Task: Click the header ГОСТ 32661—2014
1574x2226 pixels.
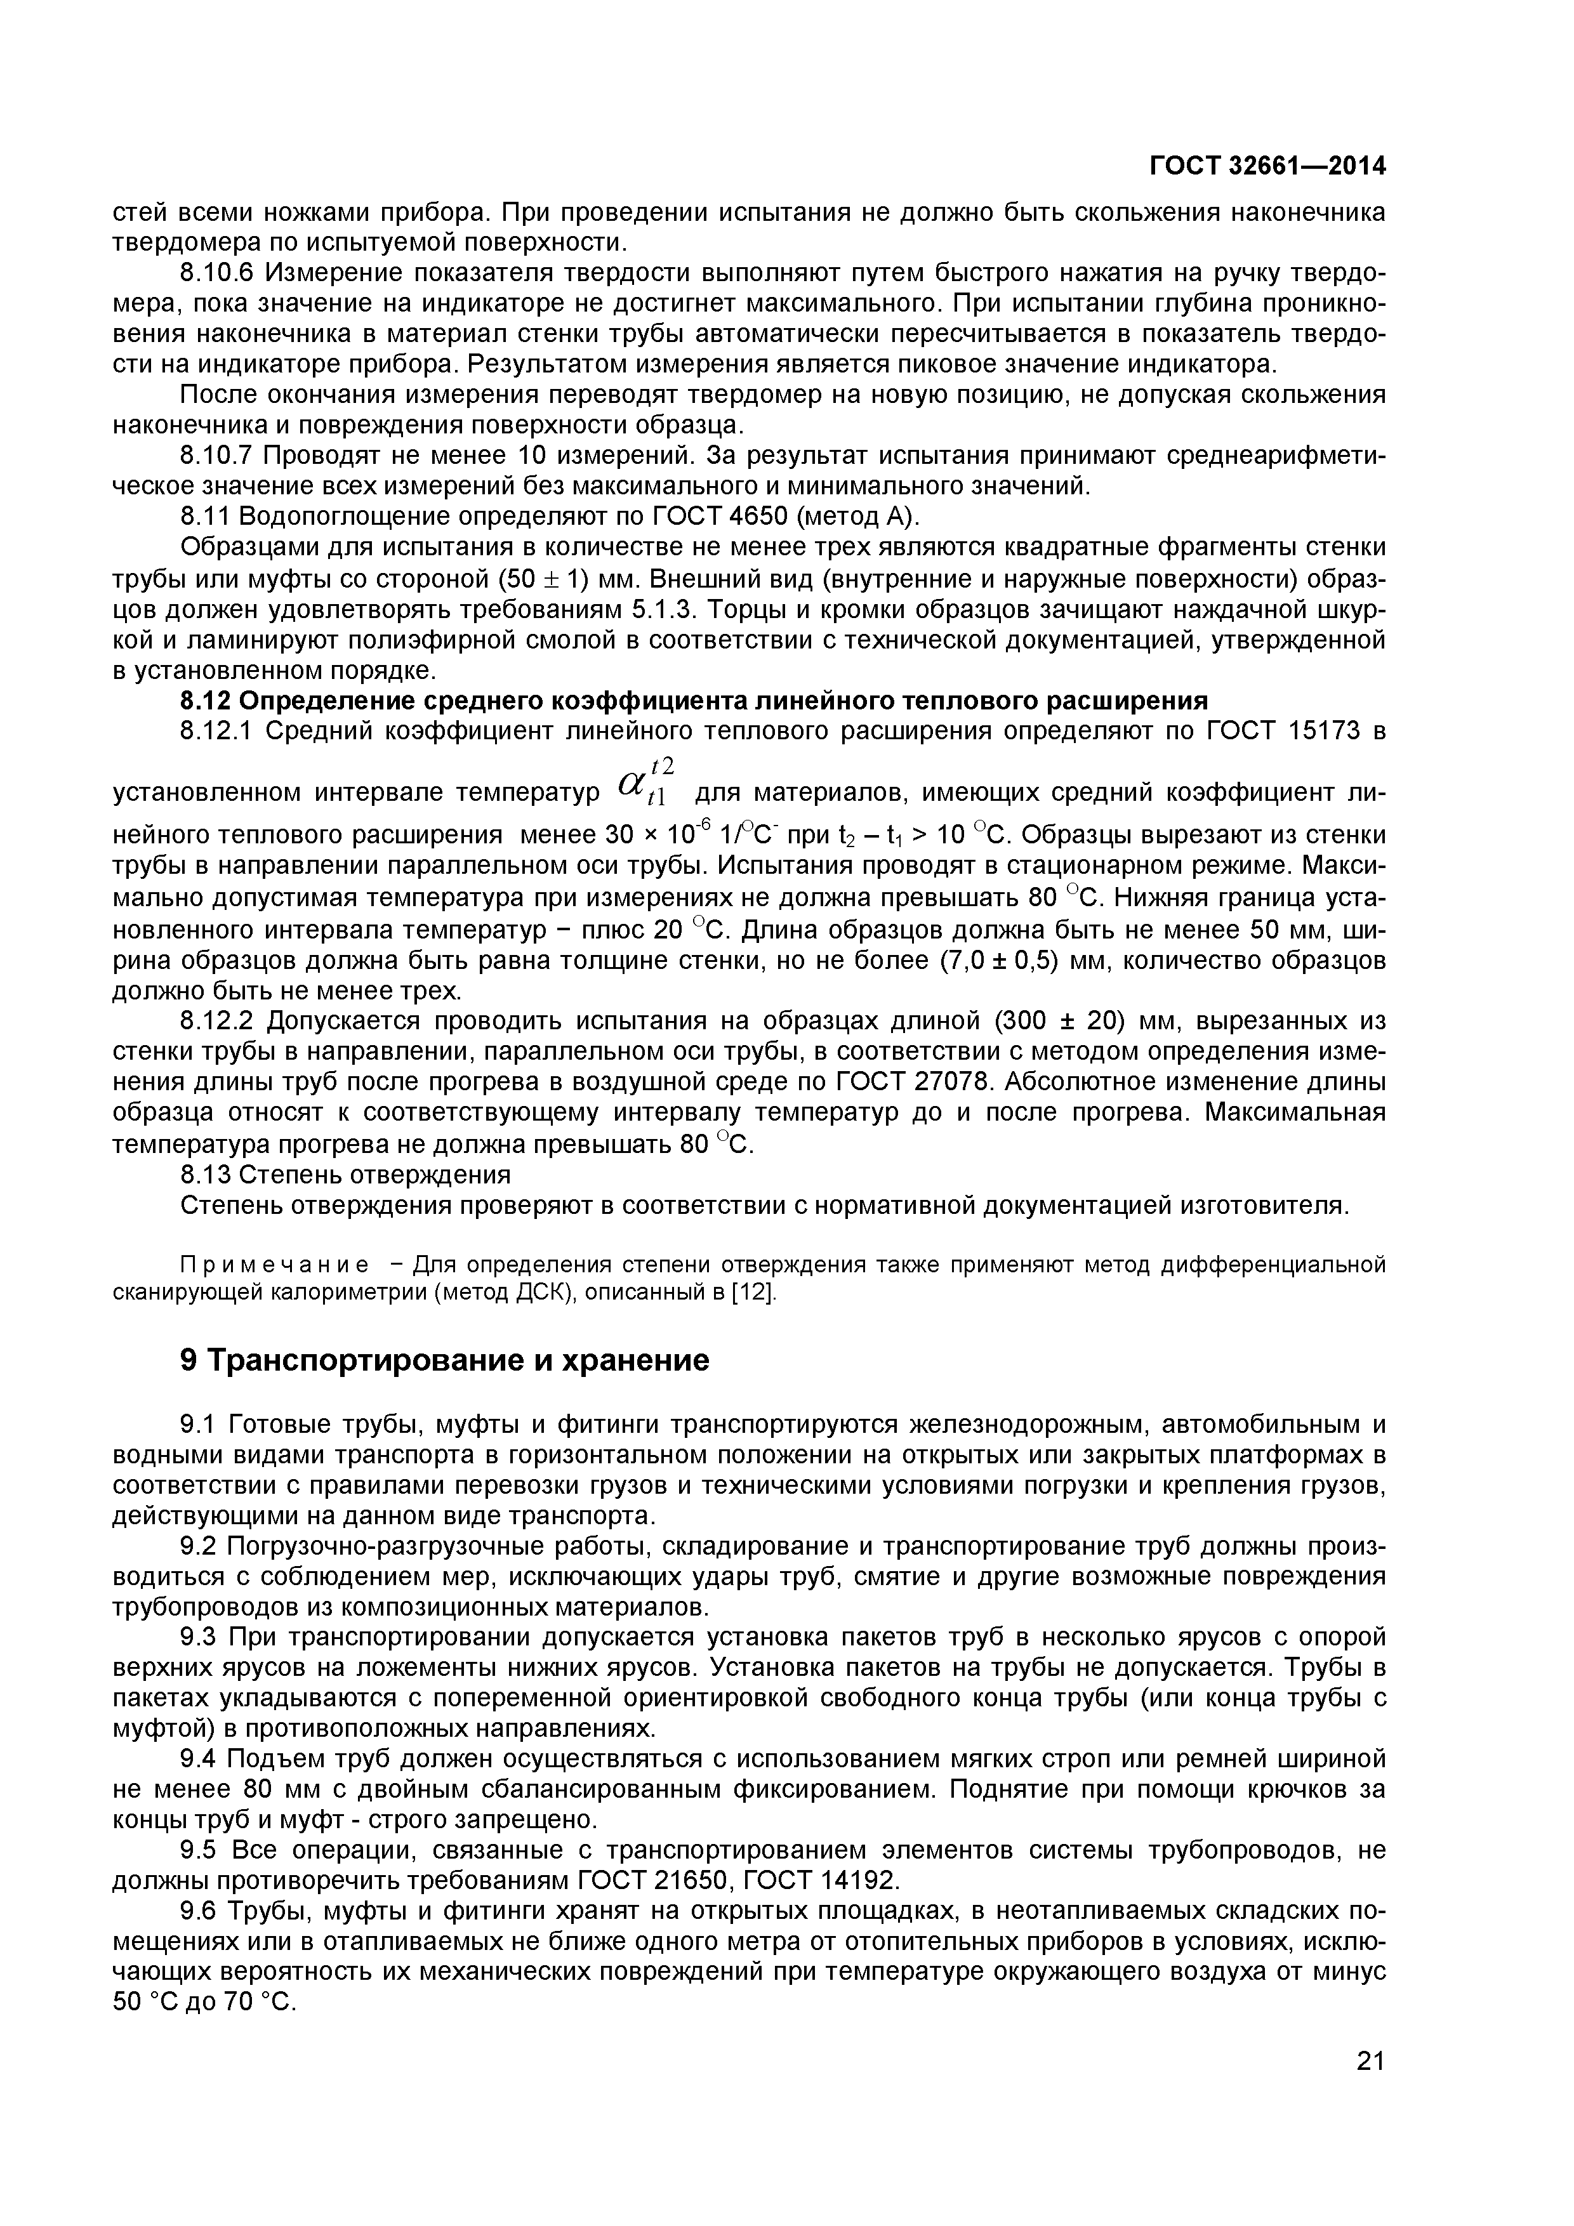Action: [x=1267, y=167]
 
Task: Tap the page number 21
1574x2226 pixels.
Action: [x=1370, y=2088]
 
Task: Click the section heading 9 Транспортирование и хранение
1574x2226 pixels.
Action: [x=445, y=1360]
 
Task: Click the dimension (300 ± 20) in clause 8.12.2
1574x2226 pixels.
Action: [x=1068, y=1021]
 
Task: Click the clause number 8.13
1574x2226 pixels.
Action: [x=204, y=1175]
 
